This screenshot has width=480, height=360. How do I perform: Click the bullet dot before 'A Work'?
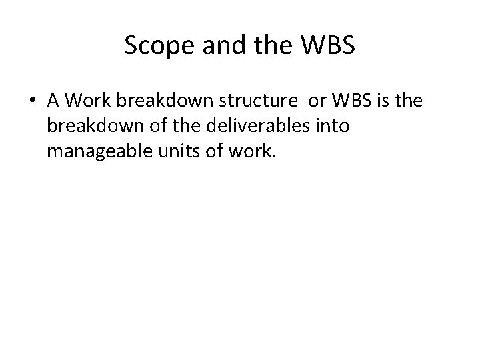32,101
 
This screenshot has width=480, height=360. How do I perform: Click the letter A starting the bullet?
53,101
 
